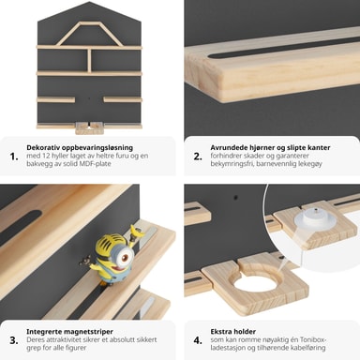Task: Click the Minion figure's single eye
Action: click(125, 258)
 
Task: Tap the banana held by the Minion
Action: click(137, 232)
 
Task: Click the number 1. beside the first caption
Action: click(14, 157)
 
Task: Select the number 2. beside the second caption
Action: click(198, 157)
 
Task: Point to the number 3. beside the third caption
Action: click(14, 340)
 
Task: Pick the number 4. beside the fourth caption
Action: click(198, 340)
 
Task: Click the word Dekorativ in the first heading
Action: click(43, 147)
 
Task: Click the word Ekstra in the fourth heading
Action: click(220, 332)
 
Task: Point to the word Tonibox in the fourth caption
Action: click(313, 339)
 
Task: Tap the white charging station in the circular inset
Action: click(315, 219)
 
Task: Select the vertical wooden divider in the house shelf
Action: click(89, 60)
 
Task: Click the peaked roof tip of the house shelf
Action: click(89, 2)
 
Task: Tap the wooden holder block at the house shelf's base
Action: click(89, 128)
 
